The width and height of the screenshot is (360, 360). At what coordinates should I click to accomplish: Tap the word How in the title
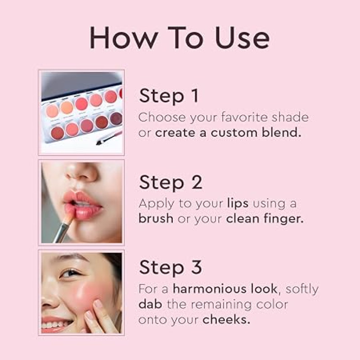pyautogui.click(x=124, y=37)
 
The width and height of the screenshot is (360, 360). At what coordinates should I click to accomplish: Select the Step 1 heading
pyautogui.click(x=168, y=96)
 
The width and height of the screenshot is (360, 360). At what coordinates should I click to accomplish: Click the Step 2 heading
pyautogui.click(x=171, y=183)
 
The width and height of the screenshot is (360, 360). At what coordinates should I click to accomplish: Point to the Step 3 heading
pyautogui.click(x=171, y=268)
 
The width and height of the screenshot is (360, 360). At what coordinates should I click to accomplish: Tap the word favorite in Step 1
pyautogui.click(x=244, y=117)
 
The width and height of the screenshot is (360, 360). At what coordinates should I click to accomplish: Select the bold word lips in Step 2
pyautogui.click(x=238, y=204)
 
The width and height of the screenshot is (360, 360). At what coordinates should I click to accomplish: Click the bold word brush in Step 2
pyautogui.click(x=156, y=218)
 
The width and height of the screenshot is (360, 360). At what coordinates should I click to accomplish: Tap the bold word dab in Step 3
pyautogui.click(x=150, y=304)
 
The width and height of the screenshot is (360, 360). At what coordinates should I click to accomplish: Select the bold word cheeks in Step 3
pyautogui.click(x=226, y=319)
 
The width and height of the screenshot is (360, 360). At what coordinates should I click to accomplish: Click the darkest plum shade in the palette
pyautogui.click(x=117, y=119)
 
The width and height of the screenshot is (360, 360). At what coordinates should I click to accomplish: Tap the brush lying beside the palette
pyautogui.click(x=109, y=138)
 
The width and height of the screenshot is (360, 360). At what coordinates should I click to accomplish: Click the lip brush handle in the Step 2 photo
pyautogui.click(x=62, y=231)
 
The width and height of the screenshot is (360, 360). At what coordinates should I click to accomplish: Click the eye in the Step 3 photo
pyautogui.click(x=70, y=273)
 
